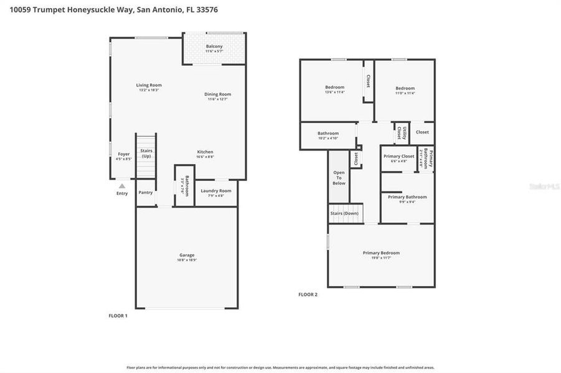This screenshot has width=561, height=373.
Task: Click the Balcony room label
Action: click(x=214, y=47)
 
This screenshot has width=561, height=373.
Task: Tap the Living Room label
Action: click(x=149, y=85)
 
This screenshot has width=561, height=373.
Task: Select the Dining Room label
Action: click(x=218, y=94)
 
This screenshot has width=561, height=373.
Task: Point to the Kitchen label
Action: click(x=205, y=152)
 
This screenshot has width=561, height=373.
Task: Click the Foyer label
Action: click(x=123, y=154)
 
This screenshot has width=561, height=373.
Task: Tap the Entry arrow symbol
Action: click(x=122, y=185)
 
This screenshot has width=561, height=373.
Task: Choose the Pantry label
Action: click(x=146, y=193)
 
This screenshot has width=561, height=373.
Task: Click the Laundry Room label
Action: click(x=216, y=190)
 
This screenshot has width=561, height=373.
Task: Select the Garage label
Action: click(x=187, y=255)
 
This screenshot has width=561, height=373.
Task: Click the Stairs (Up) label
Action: click(x=146, y=153)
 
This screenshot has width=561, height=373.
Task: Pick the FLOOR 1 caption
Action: click(x=118, y=316)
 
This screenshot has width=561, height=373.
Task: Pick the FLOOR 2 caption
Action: click(x=308, y=294)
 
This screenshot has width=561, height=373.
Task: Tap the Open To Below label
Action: click(x=339, y=178)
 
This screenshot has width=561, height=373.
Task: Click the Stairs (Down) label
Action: click(x=344, y=213)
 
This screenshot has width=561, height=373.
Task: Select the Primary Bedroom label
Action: click(x=381, y=252)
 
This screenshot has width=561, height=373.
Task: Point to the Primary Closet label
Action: click(x=398, y=156)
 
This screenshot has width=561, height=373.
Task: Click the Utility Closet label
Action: click(x=402, y=132)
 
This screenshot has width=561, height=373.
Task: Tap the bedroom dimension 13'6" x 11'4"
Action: click(x=334, y=93)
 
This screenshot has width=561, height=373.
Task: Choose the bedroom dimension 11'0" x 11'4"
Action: click(x=405, y=93)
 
